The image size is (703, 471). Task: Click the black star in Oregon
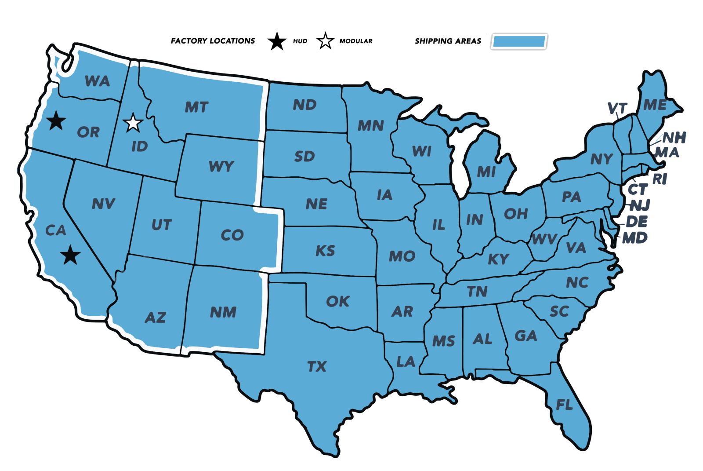tap(56, 120)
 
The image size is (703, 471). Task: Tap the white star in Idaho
tap(133, 123)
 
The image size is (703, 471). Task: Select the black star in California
tap(70, 255)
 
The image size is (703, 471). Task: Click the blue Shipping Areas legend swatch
tap(519, 42)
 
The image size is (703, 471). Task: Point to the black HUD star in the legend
tap(277, 41)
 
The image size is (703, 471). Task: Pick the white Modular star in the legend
tap(325, 41)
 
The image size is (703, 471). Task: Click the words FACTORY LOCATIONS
tap(213, 41)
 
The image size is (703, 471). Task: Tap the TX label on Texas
tap(317, 366)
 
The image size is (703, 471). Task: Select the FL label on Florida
tap(564, 405)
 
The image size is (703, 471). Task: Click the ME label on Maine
tap(655, 105)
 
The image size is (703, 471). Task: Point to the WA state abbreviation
tap(97, 81)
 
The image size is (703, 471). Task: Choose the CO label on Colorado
tap(232, 235)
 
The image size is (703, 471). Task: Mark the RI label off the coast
tap(660, 179)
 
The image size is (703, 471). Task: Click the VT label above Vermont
tap(617, 108)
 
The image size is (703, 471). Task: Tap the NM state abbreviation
tap(223, 312)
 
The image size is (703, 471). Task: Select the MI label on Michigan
tap(486, 172)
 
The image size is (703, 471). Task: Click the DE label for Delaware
tap(637, 221)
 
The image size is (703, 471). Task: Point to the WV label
tap(544, 239)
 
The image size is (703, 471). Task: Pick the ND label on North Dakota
tap(304, 105)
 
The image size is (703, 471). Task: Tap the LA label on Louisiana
tap(406, 361)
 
